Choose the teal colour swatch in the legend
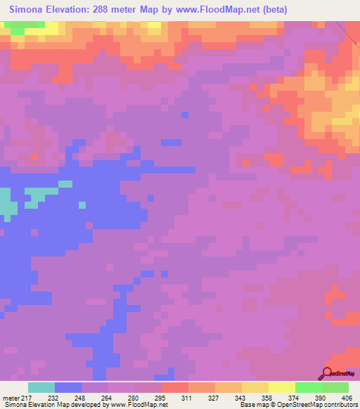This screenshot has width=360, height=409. coord(41,387)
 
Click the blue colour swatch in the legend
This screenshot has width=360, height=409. coord(68,387)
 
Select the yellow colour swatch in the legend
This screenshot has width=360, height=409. coord(282,387)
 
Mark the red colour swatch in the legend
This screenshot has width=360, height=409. coord(175,387)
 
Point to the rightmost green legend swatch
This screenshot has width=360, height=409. coord(335,387)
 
